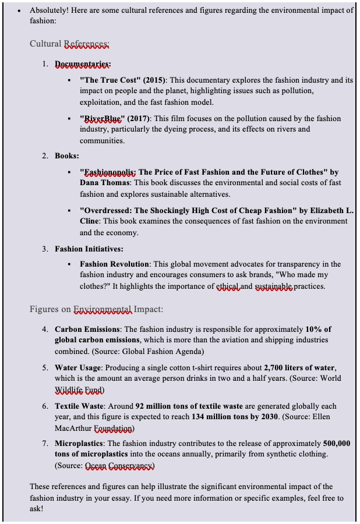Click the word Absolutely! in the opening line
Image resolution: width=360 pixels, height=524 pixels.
tap(51, 10)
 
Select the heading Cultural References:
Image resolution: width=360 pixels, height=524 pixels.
tap(69, 44)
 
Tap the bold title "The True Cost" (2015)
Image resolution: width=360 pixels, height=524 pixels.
tap(123, 80)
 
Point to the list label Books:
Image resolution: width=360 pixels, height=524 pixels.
tap(67, 156)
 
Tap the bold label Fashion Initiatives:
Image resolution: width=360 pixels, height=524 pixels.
tap(89, 249)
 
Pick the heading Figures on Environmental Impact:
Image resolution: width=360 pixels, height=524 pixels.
tap(96, 309)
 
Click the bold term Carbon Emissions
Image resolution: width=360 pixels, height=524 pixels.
tap(87, 330)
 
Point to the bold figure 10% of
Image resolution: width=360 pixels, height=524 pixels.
tap(318, 330)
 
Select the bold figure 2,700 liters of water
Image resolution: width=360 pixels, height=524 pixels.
tap(300, 368)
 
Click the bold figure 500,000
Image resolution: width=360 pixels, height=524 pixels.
tap(337, 444)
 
